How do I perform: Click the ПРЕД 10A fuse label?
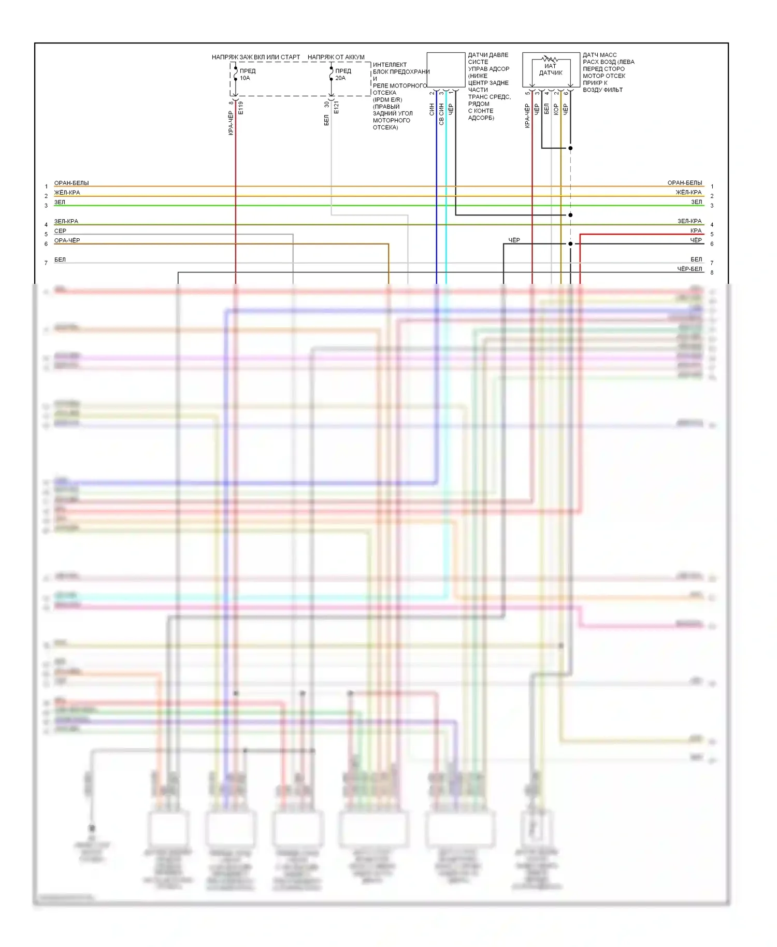247,75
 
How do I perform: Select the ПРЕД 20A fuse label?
342,75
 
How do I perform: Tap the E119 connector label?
241,108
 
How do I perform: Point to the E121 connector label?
336,108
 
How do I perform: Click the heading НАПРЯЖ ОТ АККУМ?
336,57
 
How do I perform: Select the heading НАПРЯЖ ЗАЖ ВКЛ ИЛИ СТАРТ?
255,57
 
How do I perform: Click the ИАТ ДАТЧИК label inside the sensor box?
550,69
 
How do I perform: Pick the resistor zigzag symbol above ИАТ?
550,60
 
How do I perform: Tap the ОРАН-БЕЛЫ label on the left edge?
71,183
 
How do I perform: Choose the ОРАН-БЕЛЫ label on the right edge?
684,183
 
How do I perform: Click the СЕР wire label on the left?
60,231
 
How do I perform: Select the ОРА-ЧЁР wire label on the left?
67,240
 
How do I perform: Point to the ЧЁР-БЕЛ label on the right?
689,269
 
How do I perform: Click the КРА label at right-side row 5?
696,231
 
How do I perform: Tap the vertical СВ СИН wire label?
441,114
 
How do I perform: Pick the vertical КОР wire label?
556,109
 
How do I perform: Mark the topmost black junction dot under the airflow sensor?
570,148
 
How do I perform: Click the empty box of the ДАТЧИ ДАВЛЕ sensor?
445,69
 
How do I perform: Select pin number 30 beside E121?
327,104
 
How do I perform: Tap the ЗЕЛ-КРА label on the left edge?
66,221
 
